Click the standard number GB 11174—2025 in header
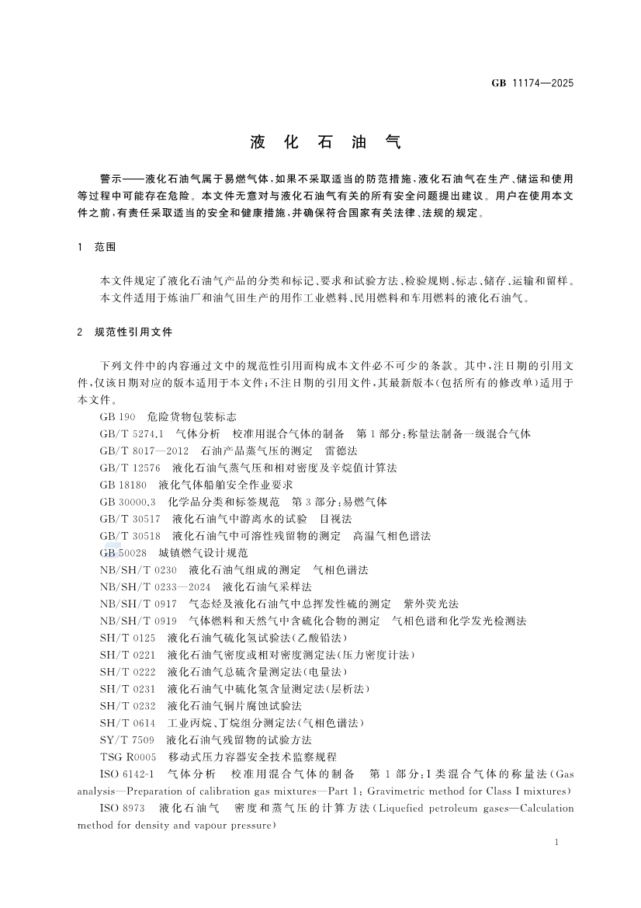(533, 82)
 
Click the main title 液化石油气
(325, 142)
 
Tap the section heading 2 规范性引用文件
(125, 332)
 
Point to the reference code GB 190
(118, 416)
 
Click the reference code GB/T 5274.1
(131, 433)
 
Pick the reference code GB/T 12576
(130, 468)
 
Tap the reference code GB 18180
(123, 485)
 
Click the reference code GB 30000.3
(128, 502)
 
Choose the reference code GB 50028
(123, 553)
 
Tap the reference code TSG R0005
(128, 757)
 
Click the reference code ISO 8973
(123, 808)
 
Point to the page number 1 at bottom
(559, 843)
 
